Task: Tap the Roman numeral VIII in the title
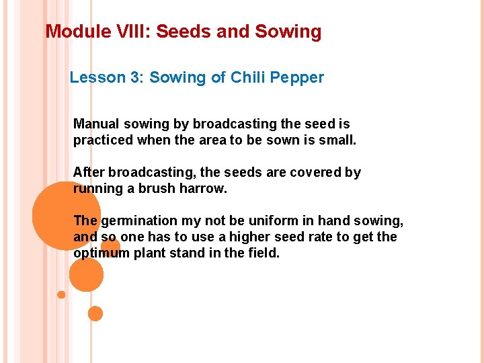click(x=126, y=32)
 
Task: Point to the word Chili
click(x=249, y=77)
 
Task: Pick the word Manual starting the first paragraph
click(x=95, y=124)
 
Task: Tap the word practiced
click(x=102, y=140)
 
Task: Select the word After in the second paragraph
click(x=88, y=172)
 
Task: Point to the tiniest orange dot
click(x=61, y=294)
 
